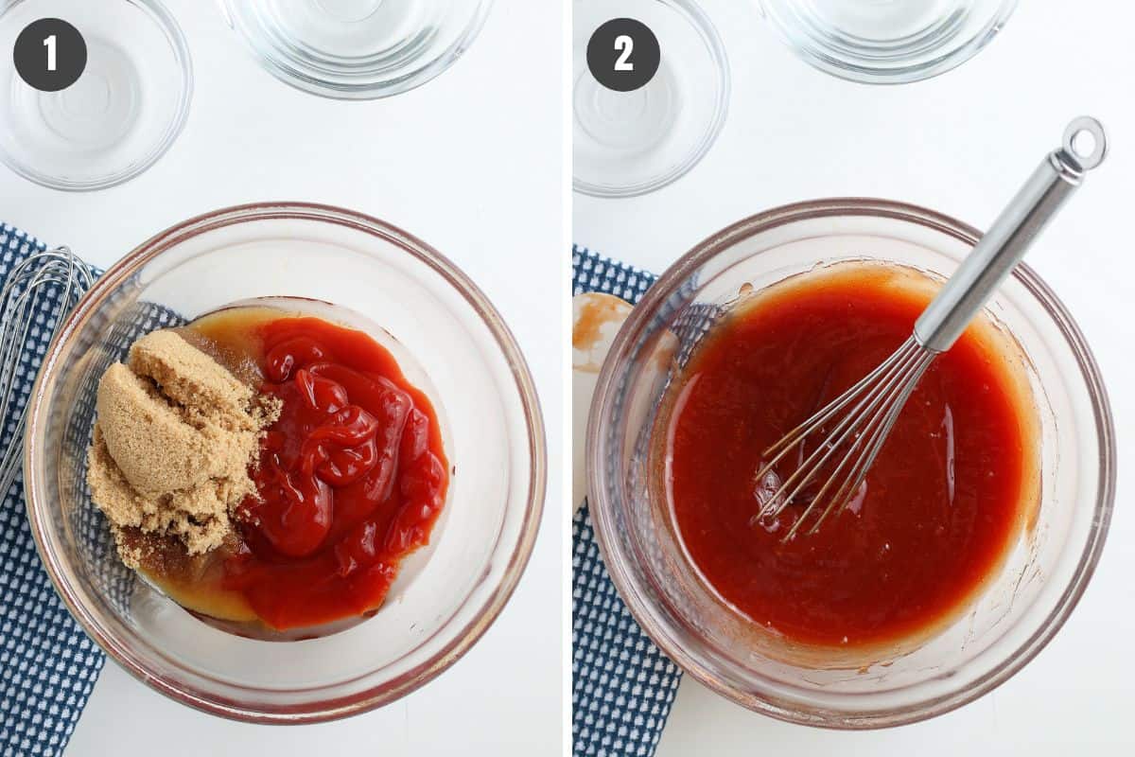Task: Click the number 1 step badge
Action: (50, 55)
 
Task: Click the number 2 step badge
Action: (623, 55)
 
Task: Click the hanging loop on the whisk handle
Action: (1084, 141)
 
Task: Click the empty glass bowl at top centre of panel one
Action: (358, 45)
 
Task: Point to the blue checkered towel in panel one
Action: (45, 583)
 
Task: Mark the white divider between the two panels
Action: (567, 378)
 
